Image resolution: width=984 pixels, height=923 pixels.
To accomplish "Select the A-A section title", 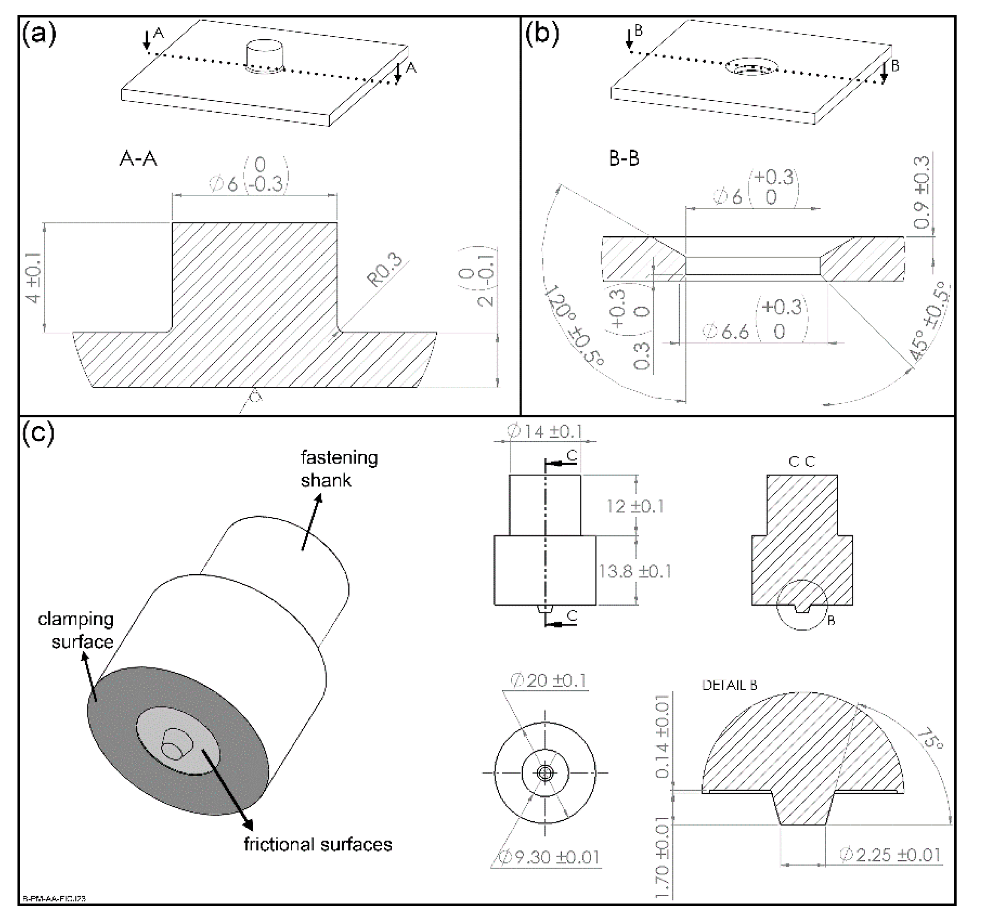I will [x=139, y=159].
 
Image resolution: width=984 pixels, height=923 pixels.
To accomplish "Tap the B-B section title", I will [x=624, y=159].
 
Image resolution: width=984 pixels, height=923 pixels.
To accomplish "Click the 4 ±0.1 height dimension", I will [x=34, y=277].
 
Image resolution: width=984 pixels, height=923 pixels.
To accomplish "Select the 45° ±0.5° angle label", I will [x=930, y=321].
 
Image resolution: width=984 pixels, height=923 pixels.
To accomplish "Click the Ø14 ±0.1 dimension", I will [x=545, y=432].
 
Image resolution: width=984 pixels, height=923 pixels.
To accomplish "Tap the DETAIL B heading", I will [x=730, y=685].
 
